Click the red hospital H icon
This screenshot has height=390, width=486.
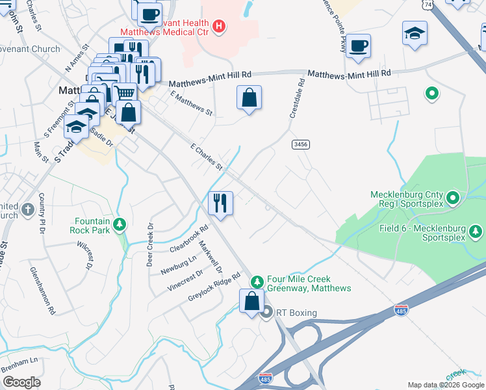(220, 27)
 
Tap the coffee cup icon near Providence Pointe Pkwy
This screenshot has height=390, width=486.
(357, 45)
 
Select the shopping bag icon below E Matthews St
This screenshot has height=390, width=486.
(249, 98)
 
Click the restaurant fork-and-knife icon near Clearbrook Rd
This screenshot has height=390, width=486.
(221, 203)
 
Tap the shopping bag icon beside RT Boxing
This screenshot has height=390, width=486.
(251, 301)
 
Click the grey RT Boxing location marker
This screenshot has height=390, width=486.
(267, 313)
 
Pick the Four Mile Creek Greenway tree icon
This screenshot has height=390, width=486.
(257, 281)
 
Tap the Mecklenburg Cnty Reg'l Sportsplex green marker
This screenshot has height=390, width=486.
(454, 196)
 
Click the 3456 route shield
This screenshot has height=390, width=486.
(300, 144)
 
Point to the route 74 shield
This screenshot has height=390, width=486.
(426, 5)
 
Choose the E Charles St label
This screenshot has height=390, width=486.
(206, 157)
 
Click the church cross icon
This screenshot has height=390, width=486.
(27, 209)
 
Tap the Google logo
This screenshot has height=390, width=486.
(21, 382)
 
